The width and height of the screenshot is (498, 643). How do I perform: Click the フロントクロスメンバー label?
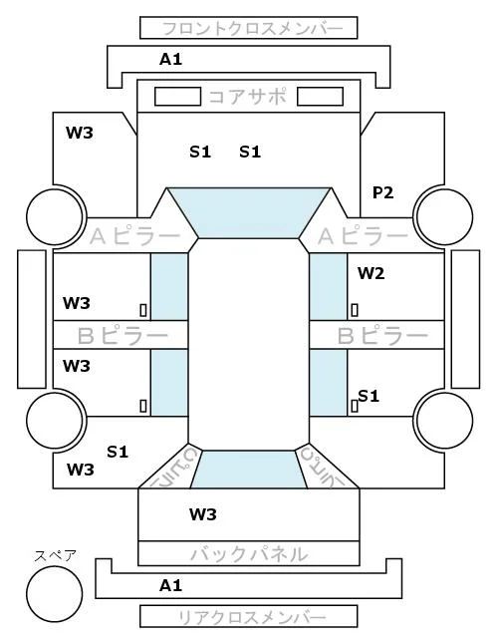tap(252, 29)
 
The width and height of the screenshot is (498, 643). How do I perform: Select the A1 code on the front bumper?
tap(170, 60)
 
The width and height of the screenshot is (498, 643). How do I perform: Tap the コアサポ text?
tap(248, 97)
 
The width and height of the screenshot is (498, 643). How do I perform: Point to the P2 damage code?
tap(382, 192)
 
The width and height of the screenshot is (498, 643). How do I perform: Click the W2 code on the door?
tap(372, 273)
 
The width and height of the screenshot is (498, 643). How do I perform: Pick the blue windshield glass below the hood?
tap(249, 212)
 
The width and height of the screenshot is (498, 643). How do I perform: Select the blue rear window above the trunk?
tap(249, 470)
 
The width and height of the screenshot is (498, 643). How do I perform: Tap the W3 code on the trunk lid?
tap(203, 513)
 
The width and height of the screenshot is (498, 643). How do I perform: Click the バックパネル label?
tap(249, 554)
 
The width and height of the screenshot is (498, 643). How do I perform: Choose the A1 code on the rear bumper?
tap(170, 585)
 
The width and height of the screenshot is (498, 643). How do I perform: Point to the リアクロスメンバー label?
tap(252, 617)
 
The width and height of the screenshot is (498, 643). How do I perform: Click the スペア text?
tap(55, 556)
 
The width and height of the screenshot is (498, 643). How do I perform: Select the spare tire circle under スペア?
tap(55, 594)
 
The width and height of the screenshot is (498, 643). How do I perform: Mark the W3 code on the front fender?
tap(80, 133)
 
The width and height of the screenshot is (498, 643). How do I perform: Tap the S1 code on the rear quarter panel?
tap(118, 452)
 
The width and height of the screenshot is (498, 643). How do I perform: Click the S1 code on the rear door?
tap(369, 396)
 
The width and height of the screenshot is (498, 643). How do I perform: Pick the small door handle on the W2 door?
tap(355, 310)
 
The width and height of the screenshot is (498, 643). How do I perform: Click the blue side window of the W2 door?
tap(328, 287)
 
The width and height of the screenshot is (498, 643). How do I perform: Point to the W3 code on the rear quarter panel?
tap(81, 470)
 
